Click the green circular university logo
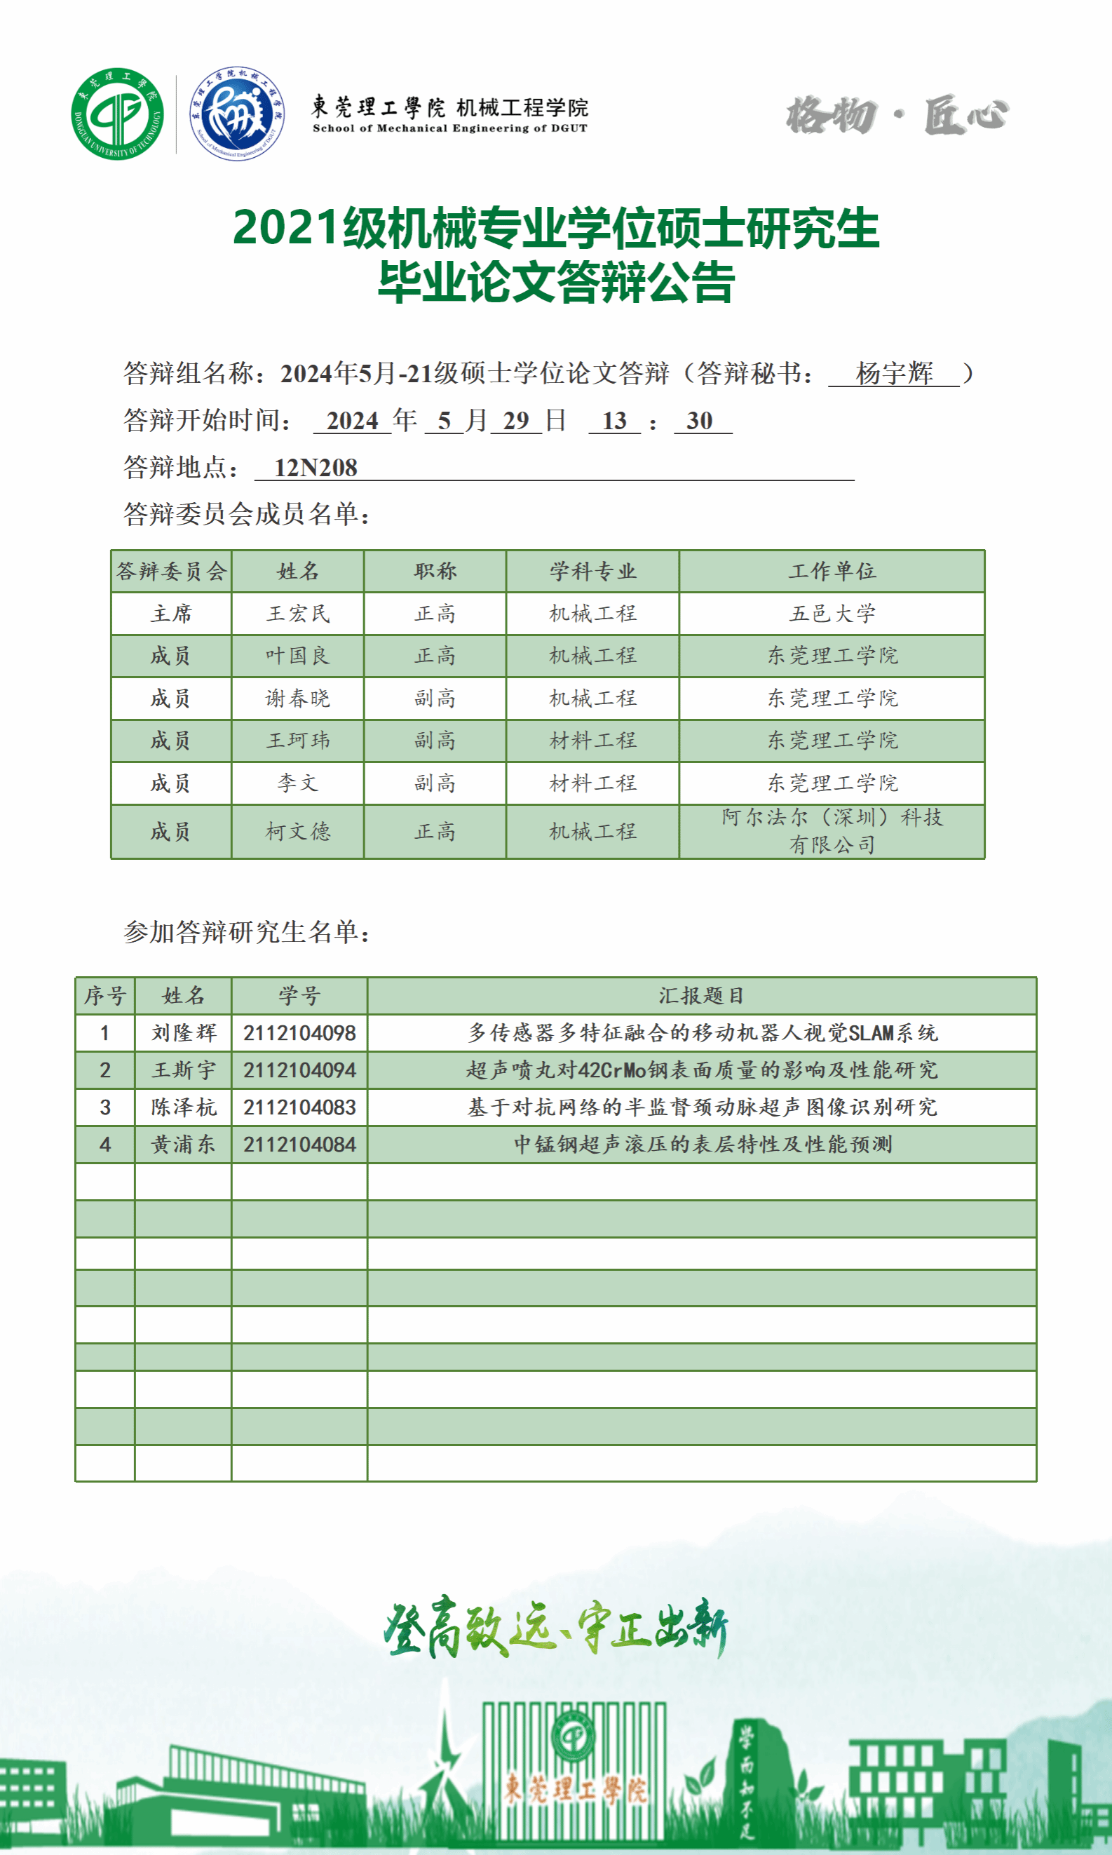click(118, 113)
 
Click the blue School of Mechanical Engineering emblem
click(237, 113)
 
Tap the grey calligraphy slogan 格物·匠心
click(897, 116)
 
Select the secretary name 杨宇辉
click(894, 372)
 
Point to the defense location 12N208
click(316, 468)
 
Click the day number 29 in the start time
click(516, 421)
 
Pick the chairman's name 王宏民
click(297, 614)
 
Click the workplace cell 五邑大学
click(832, 614)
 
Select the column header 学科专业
click(592, 571)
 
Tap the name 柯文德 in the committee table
click(297, 831)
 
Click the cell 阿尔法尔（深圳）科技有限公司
click(832, 830)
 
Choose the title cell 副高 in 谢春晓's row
click(435, 699)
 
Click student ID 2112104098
click(299, 1033)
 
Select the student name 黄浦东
click(183, 1145)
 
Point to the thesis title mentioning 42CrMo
click(701, 1070)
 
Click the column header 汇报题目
click(701, 995)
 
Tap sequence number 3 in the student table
click(105, 1107)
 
